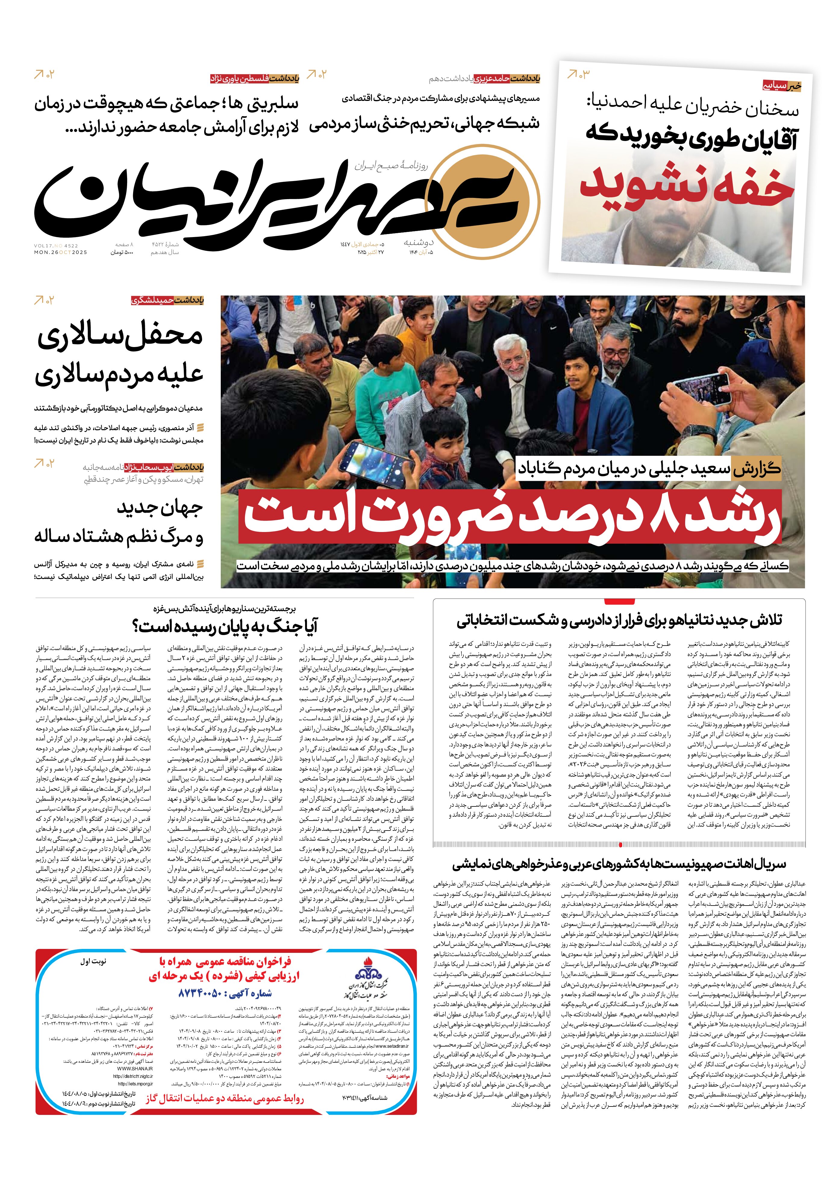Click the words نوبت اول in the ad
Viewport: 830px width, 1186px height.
93,962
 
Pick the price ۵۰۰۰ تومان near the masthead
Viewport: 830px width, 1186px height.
122,252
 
